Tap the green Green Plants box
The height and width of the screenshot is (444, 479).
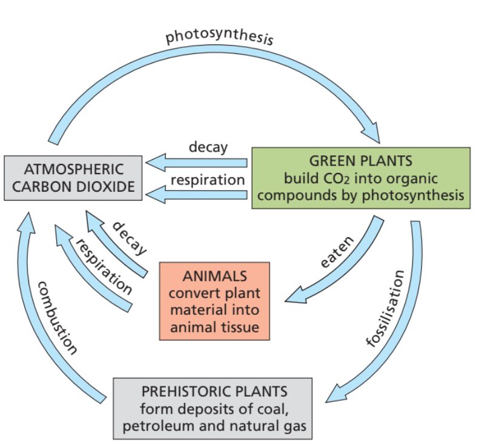click(360, 178)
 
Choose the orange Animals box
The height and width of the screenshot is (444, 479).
click(215, 301)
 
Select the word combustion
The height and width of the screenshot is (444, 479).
click(57, 317)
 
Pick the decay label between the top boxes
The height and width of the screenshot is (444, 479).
click(207, 147)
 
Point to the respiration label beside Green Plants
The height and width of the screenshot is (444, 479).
click(207, 180)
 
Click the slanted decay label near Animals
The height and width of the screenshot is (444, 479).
click(129, 237)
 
